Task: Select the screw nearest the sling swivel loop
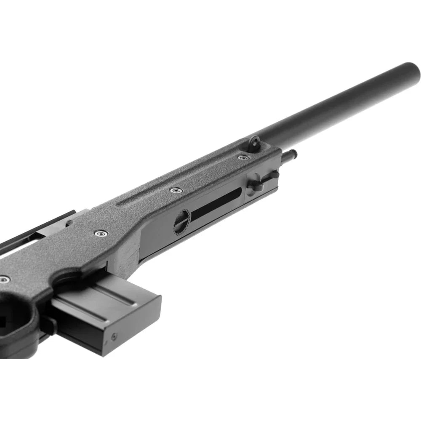click(243, 157)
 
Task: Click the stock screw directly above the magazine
click(101, 233)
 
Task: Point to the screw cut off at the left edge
click(3, 279)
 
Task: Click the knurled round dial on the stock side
click(182, 221)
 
